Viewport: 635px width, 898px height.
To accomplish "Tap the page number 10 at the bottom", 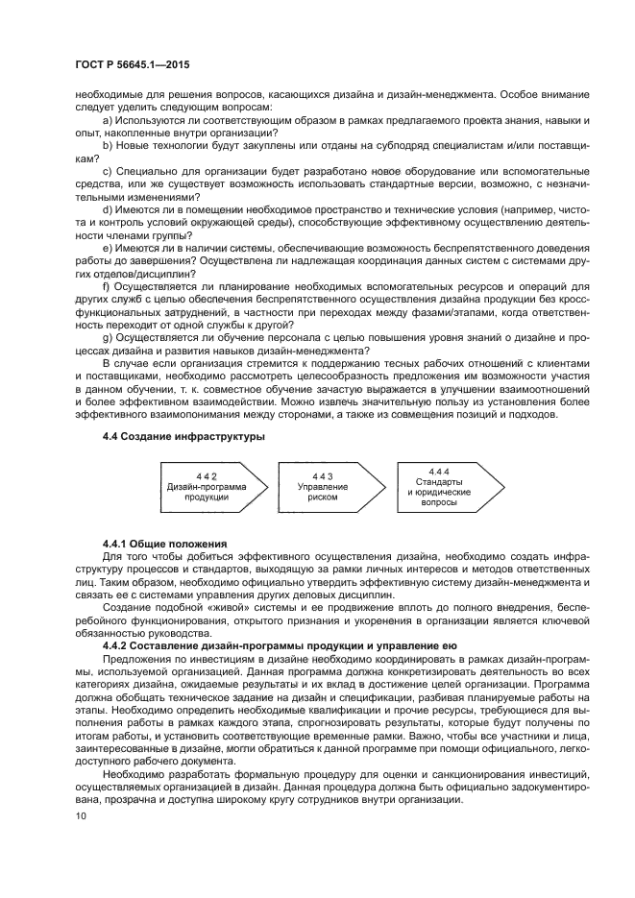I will [80, 816].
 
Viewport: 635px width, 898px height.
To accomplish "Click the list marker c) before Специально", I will [108, 171].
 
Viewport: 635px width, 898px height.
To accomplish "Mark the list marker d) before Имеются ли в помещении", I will [108, 209].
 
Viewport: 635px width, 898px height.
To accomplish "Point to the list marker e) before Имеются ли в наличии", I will [108, 248].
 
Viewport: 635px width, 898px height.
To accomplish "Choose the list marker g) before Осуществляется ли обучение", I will [108, 337].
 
